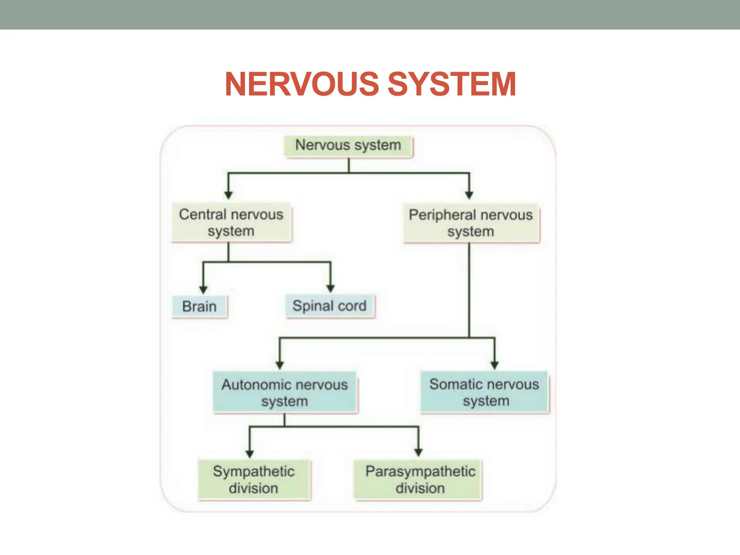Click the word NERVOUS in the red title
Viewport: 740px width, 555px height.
(x=302, y=84)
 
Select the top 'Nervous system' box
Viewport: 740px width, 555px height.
(x=348, y=146)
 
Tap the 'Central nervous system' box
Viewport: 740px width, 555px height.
(x=231, y=223)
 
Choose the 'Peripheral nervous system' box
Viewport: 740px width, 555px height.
(x=471, y=223)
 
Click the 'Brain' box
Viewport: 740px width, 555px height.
(x=199, y=306)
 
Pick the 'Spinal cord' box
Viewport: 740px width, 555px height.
(x=330, y=306)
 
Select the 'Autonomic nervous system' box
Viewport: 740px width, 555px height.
(x=285, y=392)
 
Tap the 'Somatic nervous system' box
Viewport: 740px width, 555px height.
(x=484, y=392)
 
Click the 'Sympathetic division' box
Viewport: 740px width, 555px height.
(x=254, y=479)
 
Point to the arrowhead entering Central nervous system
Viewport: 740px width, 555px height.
(x=228, y=195)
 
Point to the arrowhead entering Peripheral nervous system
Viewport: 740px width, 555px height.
(x=469, y=195)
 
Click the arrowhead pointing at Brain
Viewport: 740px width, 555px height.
(x=203, y=289)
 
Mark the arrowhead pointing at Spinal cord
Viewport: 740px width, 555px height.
(x=330, y=288)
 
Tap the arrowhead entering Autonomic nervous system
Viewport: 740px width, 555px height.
(x=280, y=365)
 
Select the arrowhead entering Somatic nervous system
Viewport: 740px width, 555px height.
(x=495, y=365)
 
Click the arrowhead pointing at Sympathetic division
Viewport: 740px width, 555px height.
(x=250, y=453)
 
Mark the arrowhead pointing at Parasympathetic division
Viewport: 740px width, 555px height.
(x=418, y=452)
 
